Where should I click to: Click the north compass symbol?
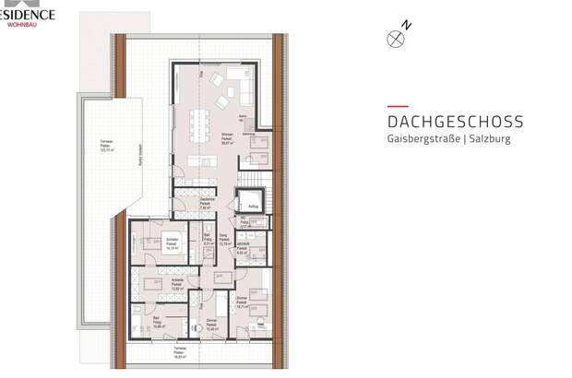point(397,38)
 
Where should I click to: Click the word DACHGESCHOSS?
point(455,122)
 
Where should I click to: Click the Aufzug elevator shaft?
point(251,202)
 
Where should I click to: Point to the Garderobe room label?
point(208,206)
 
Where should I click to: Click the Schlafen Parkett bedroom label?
point(172,245)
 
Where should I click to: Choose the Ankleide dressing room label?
point(176,286)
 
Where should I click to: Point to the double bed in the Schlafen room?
point(147,247)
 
